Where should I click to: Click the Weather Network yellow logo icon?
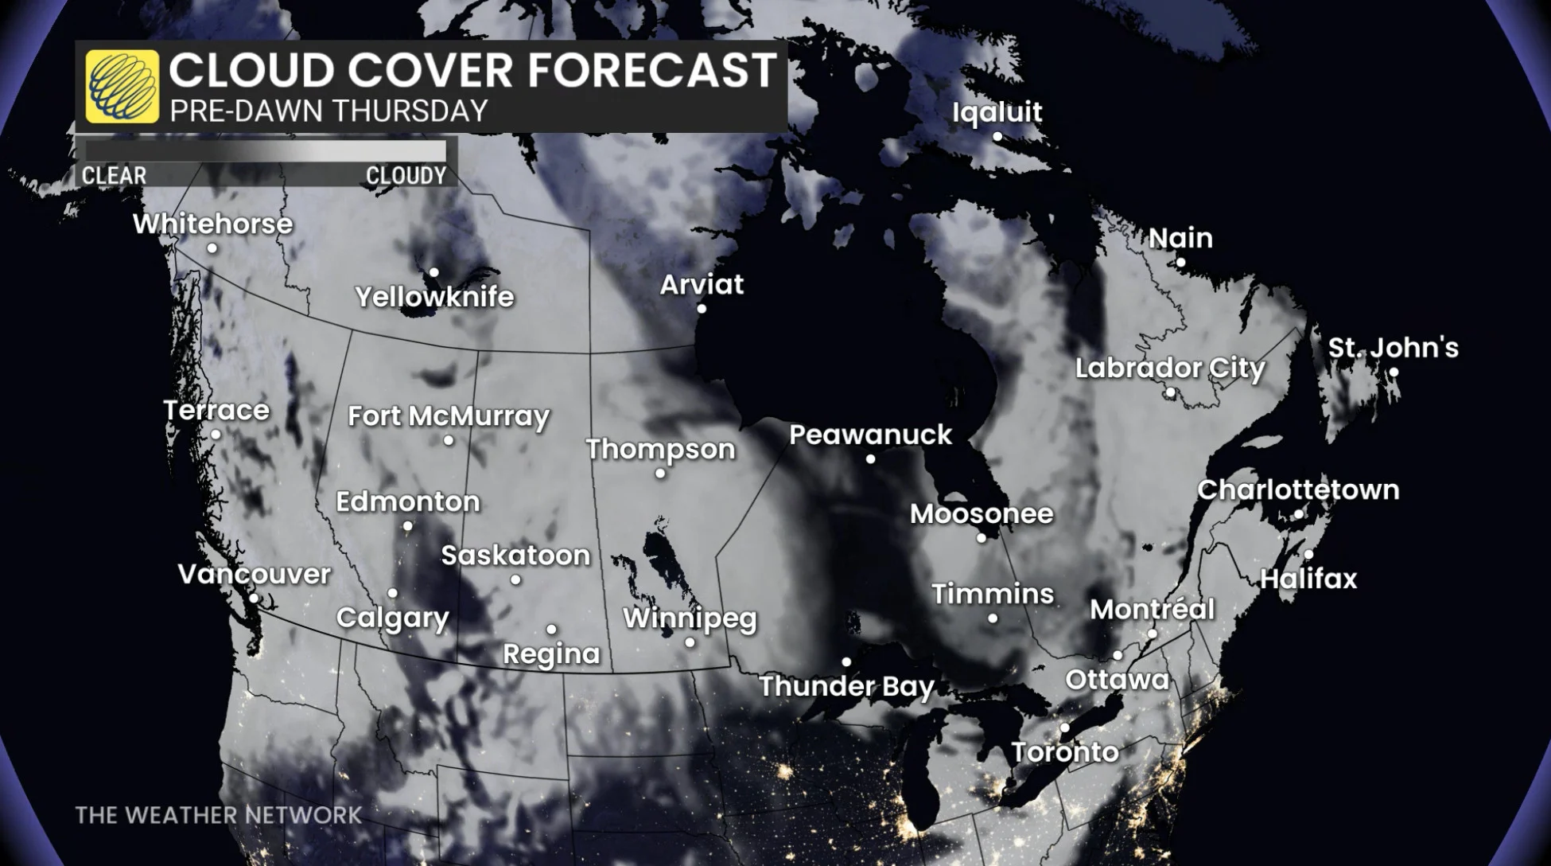pos(122,86)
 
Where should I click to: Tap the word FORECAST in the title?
pos(651,69)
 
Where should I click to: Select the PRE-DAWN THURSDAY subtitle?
pos(328,111)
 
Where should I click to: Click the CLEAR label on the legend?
pos(114,175)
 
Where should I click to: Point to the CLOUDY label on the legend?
pos(406,175)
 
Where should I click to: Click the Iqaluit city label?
pos(997,112)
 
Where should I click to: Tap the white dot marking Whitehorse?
pos(212,248)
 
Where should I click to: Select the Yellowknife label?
pos(434,297)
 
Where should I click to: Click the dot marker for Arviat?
pos(702,309)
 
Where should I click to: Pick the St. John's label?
pos(1393,348)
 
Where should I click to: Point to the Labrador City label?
pos(1169,368)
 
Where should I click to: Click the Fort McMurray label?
pos(449,415)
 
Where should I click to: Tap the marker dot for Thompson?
pos(660,474)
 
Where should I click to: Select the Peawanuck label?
pos(870,435)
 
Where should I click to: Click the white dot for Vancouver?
pos(254,598)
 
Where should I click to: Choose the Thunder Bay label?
pos(846,686)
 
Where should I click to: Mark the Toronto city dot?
pos(1064,728)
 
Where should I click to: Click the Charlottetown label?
pos(1298,490)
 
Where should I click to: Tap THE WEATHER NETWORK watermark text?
pos(218,815)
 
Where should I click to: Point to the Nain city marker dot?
pos(1180,262)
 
